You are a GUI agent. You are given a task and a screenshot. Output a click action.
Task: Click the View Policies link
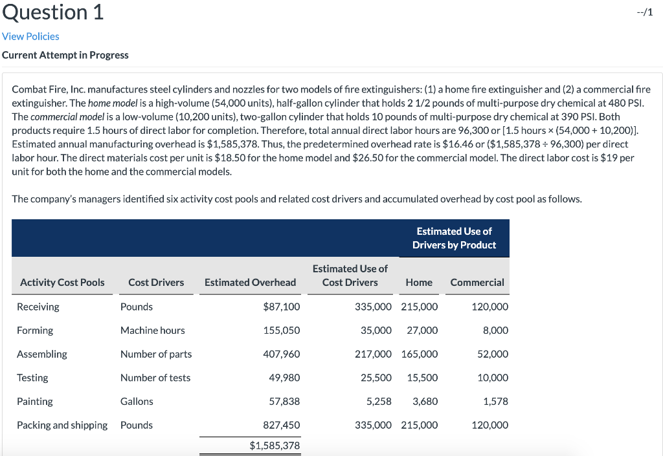(30, 36)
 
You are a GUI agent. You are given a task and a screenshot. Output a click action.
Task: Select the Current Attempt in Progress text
(65, 55)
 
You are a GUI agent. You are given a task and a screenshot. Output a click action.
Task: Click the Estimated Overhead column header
(250, 282)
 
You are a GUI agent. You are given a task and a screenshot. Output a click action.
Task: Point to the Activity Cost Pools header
(62, 282)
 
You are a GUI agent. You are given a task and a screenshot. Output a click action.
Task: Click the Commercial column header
(477, 282)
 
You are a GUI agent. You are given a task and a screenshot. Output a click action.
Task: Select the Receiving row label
(38, 307)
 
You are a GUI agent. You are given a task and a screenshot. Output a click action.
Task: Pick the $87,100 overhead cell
(282, 307)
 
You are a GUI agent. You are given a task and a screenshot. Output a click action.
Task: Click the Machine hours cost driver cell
(153, 331)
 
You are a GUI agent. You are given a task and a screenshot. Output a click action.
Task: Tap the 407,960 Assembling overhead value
(282, 354)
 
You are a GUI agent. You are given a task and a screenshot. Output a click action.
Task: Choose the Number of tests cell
(155, 378)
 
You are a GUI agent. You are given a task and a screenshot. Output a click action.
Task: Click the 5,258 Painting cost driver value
(379, 402)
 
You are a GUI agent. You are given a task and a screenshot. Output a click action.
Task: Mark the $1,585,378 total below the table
(275, 446)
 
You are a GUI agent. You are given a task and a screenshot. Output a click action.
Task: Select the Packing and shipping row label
(62, 425)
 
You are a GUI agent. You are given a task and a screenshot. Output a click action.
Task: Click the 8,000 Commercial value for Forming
(495, 331)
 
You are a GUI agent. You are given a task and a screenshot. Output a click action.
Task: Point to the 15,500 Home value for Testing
(422, 378)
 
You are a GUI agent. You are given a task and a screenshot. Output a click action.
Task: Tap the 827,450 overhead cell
(282, 425)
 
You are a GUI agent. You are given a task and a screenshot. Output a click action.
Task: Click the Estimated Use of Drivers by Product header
(454, 238)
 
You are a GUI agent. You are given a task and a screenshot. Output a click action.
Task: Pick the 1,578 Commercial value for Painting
(495, 402)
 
